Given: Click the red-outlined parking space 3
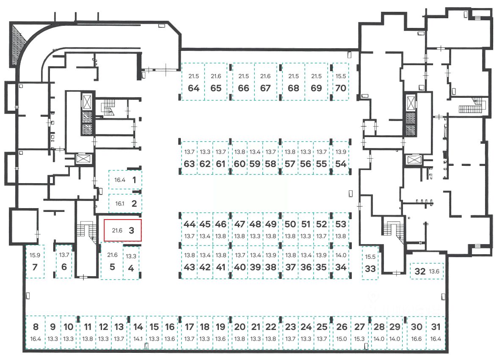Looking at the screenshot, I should [123, 231].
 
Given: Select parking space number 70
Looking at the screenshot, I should [340, 82].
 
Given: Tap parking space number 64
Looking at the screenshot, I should [193, 82].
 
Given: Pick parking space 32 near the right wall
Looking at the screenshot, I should [427, 271].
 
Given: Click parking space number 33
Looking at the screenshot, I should [370, 263].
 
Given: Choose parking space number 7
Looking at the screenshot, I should [35, 261].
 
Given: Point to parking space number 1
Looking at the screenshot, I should [126, 180].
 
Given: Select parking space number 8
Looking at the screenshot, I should [36, 333].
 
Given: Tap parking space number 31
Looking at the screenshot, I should [436, 333].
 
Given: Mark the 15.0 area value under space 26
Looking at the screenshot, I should [342, 339].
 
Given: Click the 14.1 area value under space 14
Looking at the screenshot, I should [138, 339].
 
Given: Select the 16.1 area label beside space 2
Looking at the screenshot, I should [120, 203].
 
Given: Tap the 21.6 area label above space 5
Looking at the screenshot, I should [112, 255].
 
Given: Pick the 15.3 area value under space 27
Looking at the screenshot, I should [359, 339].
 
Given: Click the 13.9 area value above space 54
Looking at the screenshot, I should [340, 152].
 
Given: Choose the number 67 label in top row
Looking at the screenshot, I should [265, 88].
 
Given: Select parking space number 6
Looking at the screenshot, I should [64, 261].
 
